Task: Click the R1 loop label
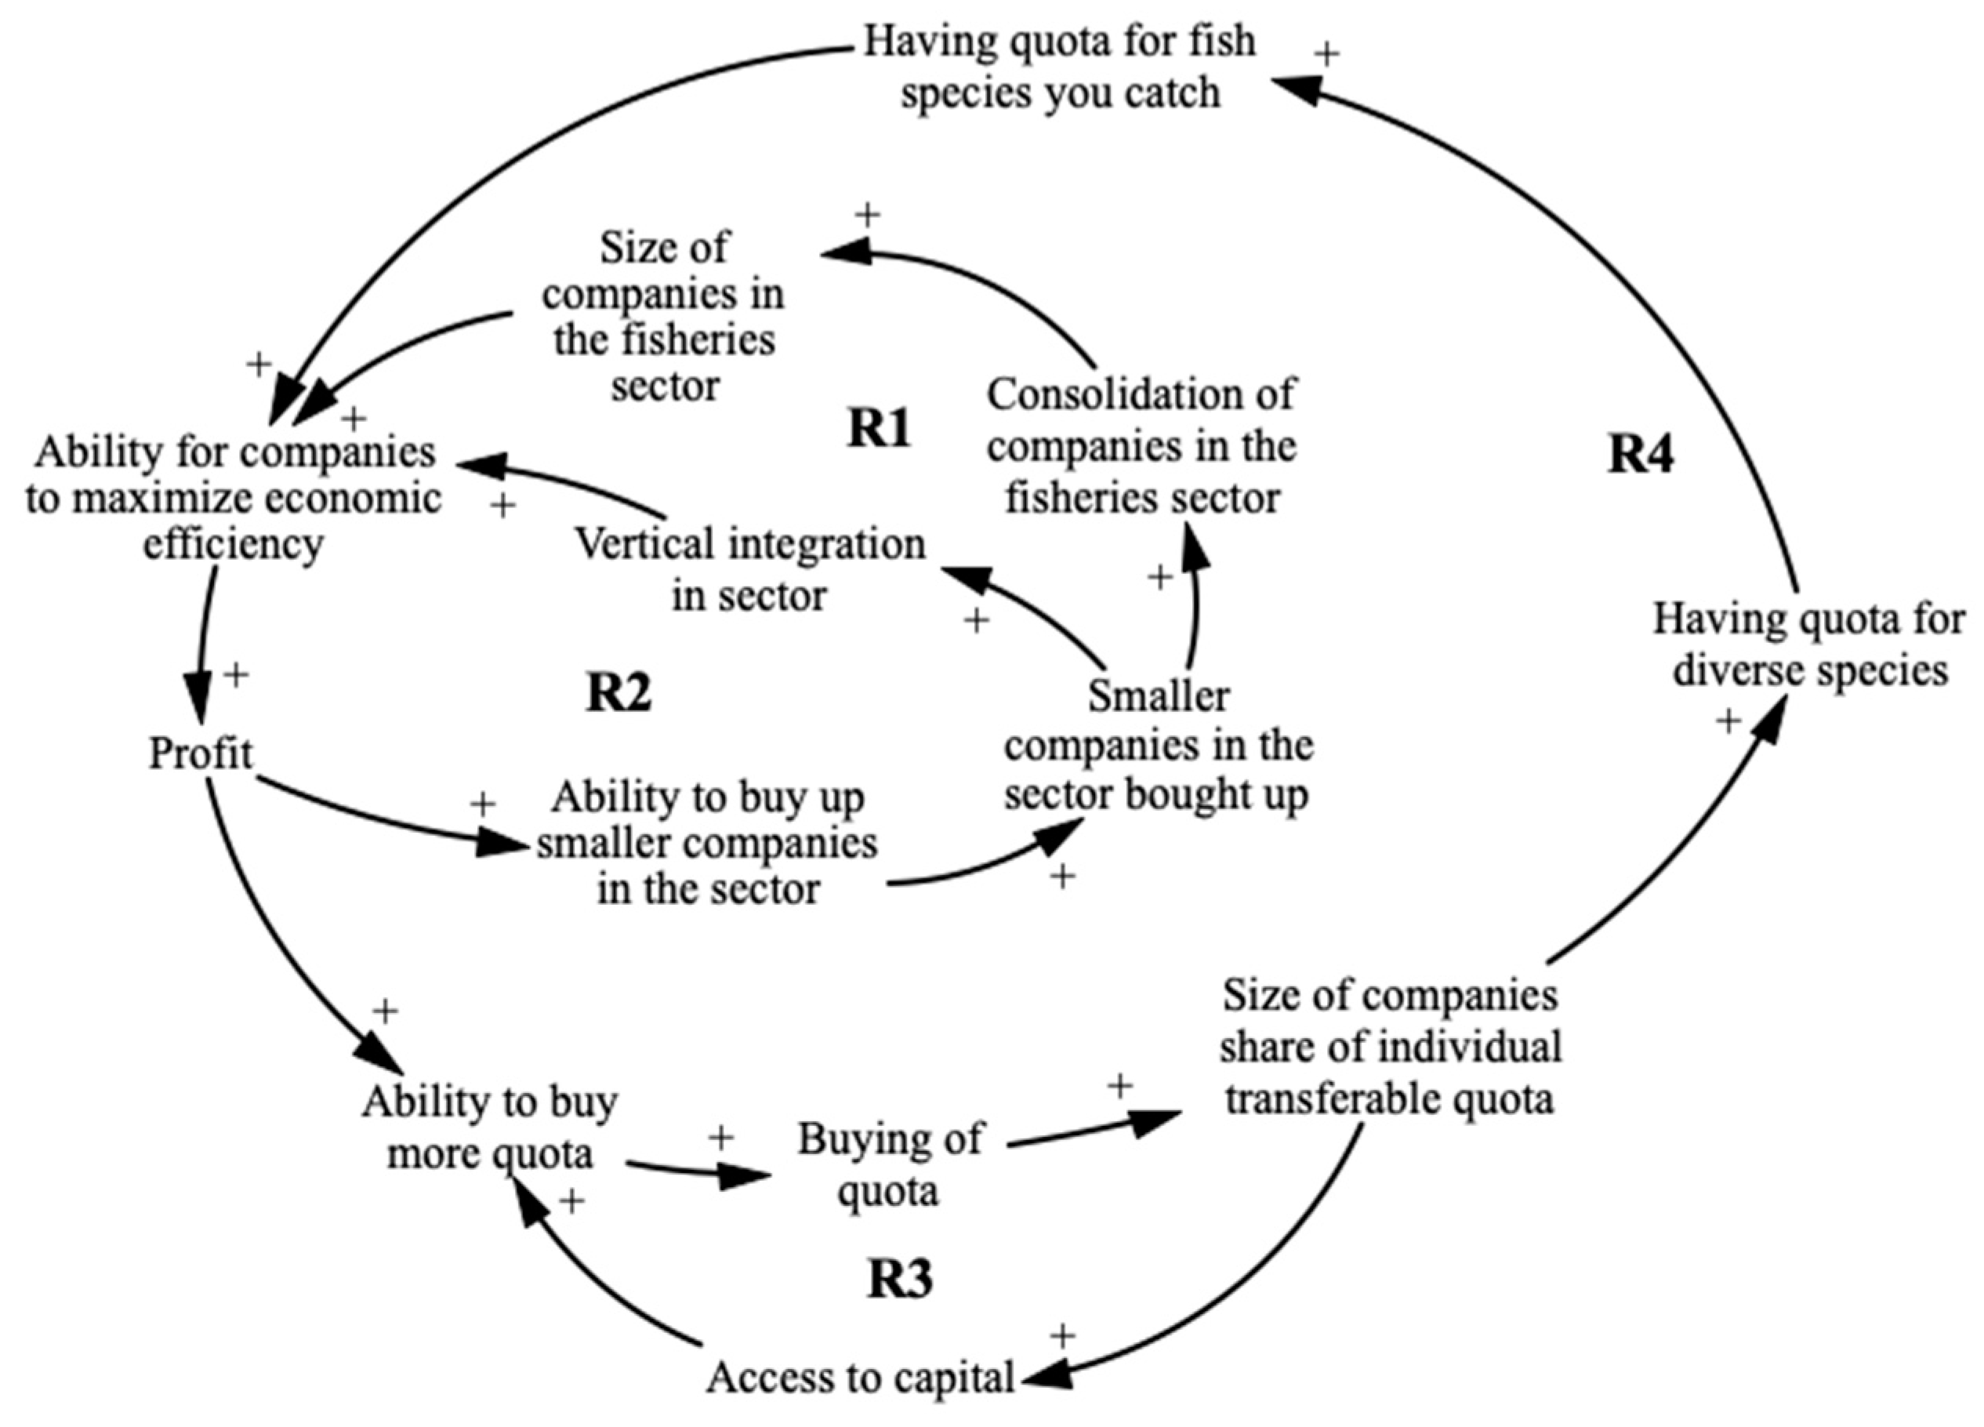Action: (880, 429)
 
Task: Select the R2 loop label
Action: (618, 693)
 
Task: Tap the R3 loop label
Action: (899, 1279)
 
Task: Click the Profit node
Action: (201, 753)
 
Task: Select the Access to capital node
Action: (860, 1376)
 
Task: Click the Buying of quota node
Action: (890, 1164)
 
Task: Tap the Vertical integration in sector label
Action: (749, 569)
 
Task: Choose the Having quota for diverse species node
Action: (1809, 646)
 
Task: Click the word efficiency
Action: (233, 545)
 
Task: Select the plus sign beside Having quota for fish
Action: (1327, 54)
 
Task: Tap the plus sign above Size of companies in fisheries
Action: (867, 214)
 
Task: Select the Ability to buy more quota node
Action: (490, 1128)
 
